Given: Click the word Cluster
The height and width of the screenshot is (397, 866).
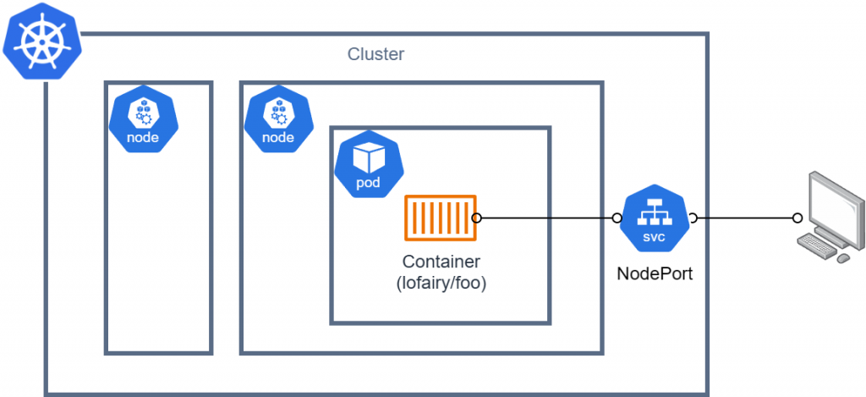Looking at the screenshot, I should [376, 55].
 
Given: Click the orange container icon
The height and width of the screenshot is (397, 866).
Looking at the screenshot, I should [440, 218].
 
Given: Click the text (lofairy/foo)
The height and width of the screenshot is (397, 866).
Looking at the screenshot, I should [441, 284].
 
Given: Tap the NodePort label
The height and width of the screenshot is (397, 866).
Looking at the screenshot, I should [654, 273].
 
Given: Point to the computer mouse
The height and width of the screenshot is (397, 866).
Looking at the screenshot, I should [843, 257].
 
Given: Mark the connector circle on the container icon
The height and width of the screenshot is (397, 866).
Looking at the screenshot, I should [477, 218].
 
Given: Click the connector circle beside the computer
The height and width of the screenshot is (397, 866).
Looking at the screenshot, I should [797, 218].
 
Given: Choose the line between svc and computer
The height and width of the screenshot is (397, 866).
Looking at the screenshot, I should [744, 218].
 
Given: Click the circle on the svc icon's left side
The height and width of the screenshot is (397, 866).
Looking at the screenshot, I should [617, 218].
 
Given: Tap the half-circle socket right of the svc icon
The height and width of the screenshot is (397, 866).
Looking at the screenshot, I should [692, 218].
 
